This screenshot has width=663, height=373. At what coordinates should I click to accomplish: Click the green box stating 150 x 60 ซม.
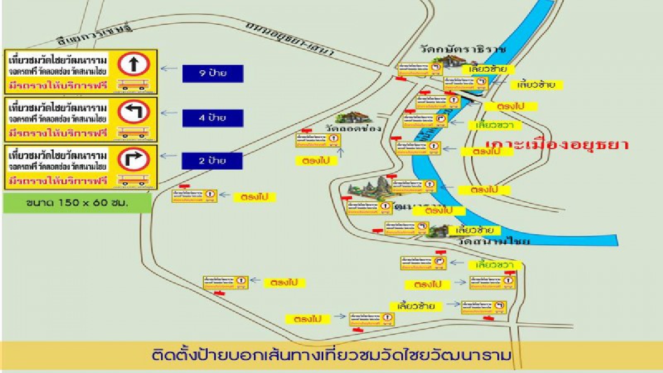(x=77, y=203)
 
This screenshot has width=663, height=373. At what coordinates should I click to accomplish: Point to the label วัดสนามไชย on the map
(x=493, y=241)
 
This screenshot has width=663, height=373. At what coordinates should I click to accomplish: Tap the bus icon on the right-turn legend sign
(x=134, y=180)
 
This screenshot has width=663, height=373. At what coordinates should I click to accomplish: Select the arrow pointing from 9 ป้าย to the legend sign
(x=169, y=69)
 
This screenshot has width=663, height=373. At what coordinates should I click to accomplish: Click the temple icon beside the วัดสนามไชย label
(x=440, y=231)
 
